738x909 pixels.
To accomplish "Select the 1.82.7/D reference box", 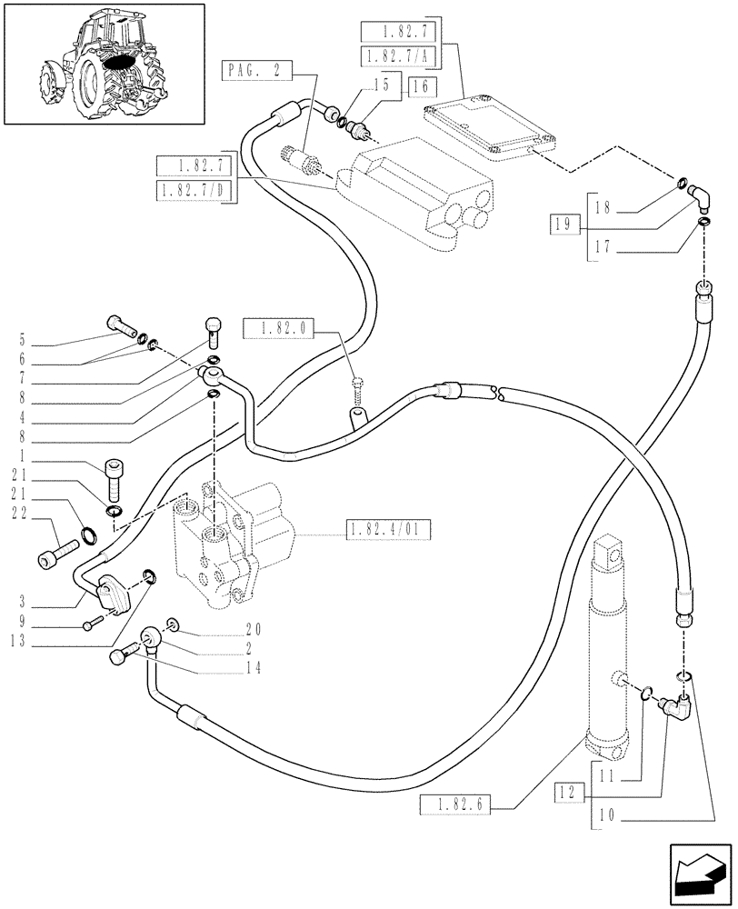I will (x=194, y=192).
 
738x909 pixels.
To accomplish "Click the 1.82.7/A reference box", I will (x=398, y=56).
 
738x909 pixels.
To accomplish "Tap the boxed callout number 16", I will (x=421, y=87).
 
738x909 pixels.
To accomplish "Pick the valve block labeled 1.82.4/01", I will (x=232, y=545).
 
